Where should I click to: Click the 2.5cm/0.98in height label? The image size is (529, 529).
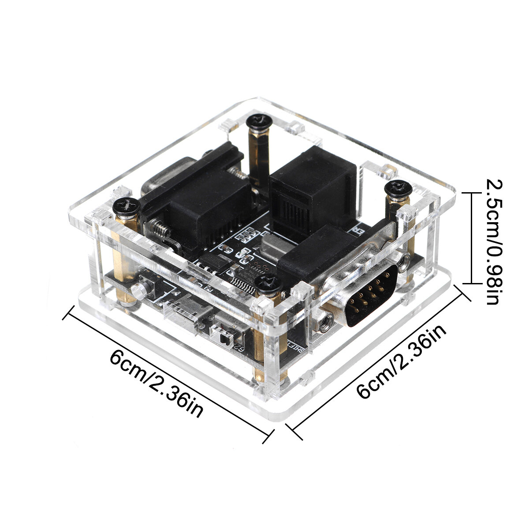(x=495, y=242)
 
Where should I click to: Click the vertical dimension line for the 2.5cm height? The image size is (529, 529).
(x=472, y=238)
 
